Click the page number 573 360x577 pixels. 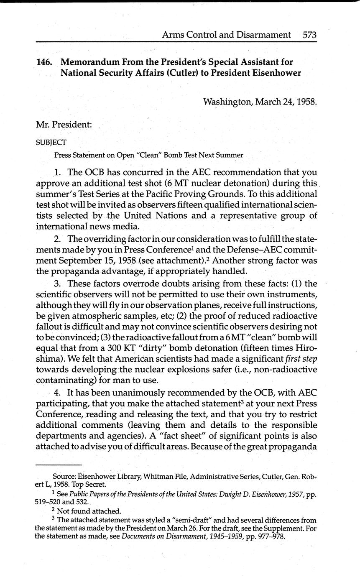click(x=309, y=35)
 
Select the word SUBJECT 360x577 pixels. click(x=51, y=142)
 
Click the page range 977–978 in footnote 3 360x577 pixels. click(x=268, y=536)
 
